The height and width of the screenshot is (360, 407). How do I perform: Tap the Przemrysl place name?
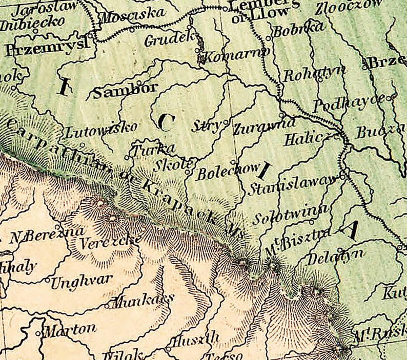[46, 48]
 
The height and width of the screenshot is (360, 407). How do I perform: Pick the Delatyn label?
[334, 256]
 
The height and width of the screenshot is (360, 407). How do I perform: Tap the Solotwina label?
[290, 211]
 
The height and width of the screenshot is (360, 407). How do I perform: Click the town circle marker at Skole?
[188, 172]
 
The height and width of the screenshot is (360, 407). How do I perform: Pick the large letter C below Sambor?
[167, 121]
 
